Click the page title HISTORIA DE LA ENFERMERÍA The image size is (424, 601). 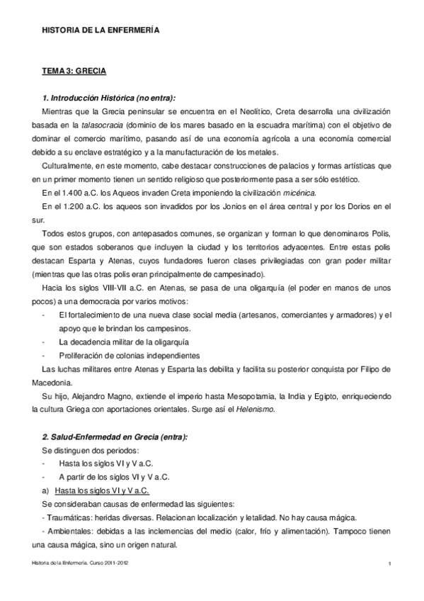pos(101,31)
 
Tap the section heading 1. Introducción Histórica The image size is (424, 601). pos(109,98)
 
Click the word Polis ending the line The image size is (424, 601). pos(378,233)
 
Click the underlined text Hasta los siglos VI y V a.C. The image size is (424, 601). pos(104,490)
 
